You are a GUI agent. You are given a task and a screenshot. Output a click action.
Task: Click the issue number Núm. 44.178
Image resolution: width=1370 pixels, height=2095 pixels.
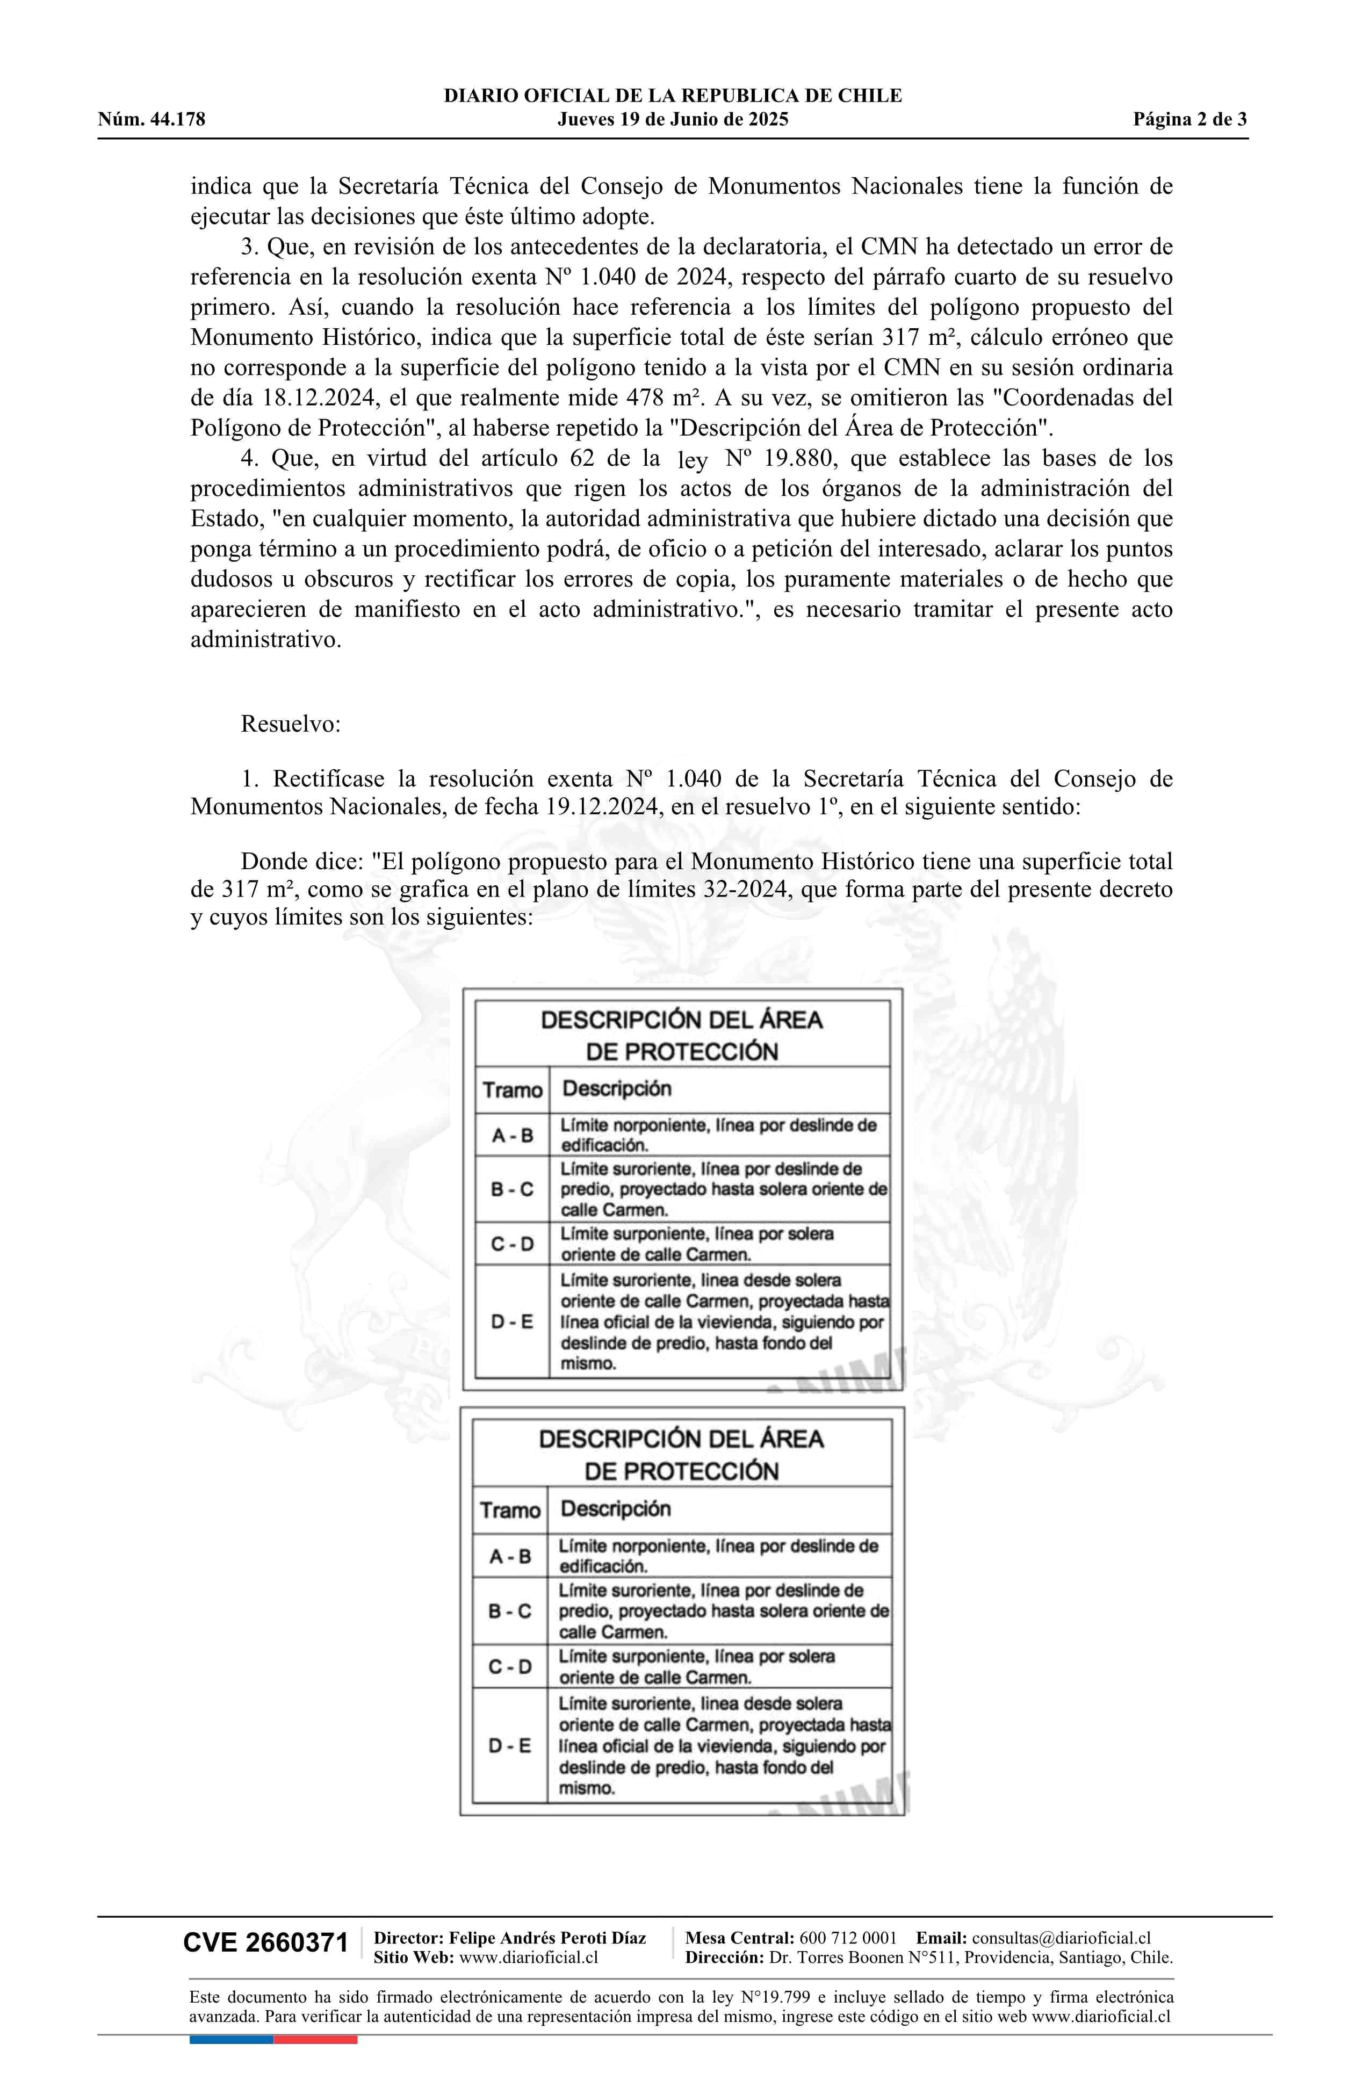click(x=152, y=120)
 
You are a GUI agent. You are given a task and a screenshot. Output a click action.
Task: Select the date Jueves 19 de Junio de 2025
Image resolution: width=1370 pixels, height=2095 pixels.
click(x=673, y=120)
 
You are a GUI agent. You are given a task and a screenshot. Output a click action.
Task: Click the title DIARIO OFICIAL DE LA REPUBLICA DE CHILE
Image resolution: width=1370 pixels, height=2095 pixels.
click(x=673, y=96)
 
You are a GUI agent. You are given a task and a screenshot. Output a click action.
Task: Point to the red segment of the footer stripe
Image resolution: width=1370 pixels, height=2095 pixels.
click(x=315, y=2040)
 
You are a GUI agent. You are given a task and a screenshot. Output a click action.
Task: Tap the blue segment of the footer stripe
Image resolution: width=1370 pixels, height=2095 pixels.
click(x=230, y=2040)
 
